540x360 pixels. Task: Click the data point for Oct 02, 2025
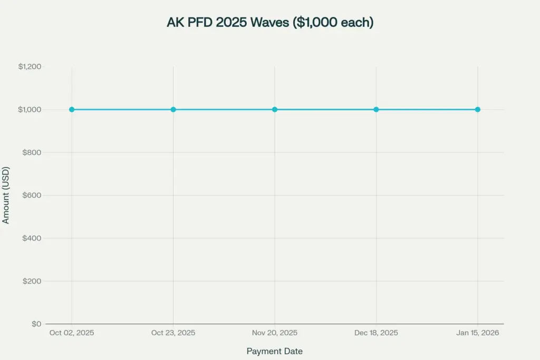click(72, 110)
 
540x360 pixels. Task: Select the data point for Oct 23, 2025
click(173, 110)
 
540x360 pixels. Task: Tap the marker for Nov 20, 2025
click(275, 110)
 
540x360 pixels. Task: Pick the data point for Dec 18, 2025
click(376, 110)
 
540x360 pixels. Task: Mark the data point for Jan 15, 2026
click(477, 110)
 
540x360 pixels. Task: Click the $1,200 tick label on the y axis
click(30, 67)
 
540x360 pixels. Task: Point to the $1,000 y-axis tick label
click(30, 110)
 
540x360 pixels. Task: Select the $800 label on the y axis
click(32, 152)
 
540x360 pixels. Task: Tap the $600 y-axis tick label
click(32, 196)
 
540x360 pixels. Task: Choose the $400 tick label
click(32, 238)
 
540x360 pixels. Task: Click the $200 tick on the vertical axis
click(32, 281)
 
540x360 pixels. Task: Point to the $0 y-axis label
click(36, 324)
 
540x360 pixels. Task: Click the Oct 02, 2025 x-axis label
click(72, 333)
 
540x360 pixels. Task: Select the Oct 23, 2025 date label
click(173, 333)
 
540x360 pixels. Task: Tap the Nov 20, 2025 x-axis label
click(275, 333)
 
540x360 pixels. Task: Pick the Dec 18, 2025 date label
click(376, 333)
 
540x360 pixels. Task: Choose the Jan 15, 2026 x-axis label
click(477, 333)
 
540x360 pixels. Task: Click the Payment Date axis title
click(275, 351)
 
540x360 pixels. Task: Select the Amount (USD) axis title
click(6, 196)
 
